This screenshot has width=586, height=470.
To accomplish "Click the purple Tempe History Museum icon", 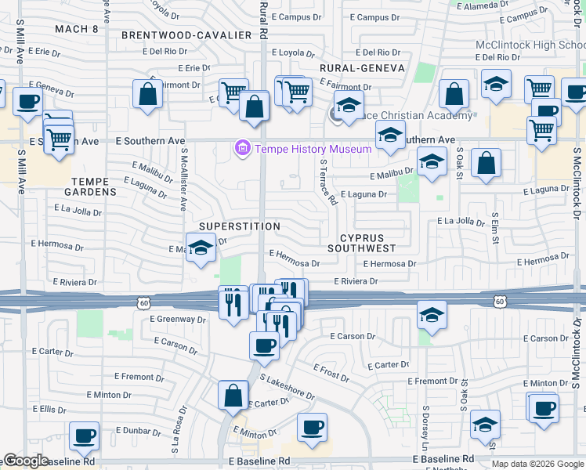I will pyautogui.click(x=242, y=148).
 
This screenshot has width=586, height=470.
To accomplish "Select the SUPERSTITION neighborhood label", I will pyautogui.click(x=239, y=226).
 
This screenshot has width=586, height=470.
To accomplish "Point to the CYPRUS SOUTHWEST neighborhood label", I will pyautogui.click(x=368, y=242).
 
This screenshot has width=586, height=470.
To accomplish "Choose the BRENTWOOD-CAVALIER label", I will pyautogui.click(x=186, y=35).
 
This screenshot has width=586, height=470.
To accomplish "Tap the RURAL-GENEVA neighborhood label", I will pyautogui.click(x=362, y=68).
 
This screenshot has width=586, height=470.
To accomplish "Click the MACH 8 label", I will pyautogui.click(x=77, y=29).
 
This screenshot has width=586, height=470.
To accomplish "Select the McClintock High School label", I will pyautogui.click(x=530, y=45).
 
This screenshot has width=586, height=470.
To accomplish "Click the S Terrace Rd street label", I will pyautogui.click(x=328, y=183).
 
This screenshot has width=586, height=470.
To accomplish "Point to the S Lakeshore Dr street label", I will pyautogui.click(x=287, y=387).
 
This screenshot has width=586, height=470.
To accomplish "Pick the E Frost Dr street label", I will pyautogui.click(x=331, y=372).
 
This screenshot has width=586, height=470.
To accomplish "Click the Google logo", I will pyautogui.click(x=27, y=461).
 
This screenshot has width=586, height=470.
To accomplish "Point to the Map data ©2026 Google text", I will pyautogui.click(x=537, y=464).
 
